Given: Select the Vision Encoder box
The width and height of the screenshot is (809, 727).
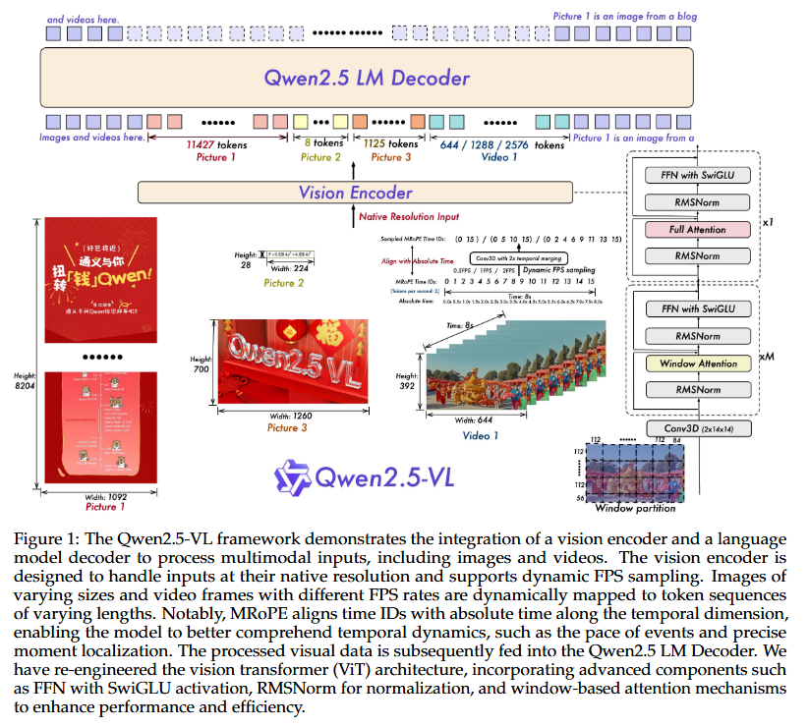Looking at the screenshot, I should (x=355, y=193).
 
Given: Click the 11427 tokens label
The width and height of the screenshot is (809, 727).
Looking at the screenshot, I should (x=216, y=144).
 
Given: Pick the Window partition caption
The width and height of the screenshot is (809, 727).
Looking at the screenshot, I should (x=638, y=508).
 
